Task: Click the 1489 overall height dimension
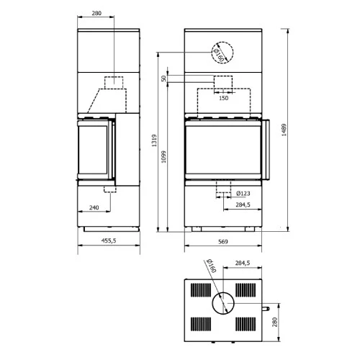point(284,130)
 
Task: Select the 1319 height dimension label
point(154,140)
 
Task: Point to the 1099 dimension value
point(163,157)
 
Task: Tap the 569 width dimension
point(223,241)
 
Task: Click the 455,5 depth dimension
point(109,240)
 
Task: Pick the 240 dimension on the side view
point(94,207)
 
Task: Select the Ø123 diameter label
point(243,193)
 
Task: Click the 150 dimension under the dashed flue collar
point(223,98)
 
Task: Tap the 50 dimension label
point(163,78)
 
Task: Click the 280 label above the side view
point(96,13)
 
